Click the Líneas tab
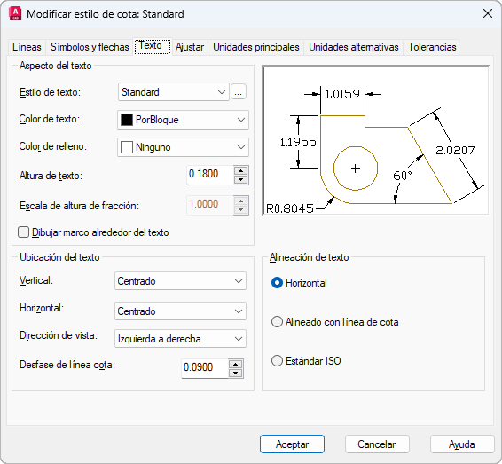[27, 47]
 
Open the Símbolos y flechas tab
[90, 47]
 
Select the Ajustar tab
[190, 47]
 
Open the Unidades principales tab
[256, 47]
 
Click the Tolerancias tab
[432, 47]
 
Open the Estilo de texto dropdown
[174, 92]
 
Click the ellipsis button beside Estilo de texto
[239, 92]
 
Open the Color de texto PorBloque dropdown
[183, 120]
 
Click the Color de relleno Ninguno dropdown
[183, 147]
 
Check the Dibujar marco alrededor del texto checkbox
[23, 232]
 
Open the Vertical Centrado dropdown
[180, 281]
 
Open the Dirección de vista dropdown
[180, 339]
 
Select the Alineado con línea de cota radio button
[277, 322]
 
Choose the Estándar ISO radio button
[277, 361]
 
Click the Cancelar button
[377, 444]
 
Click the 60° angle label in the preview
[403, 176]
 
